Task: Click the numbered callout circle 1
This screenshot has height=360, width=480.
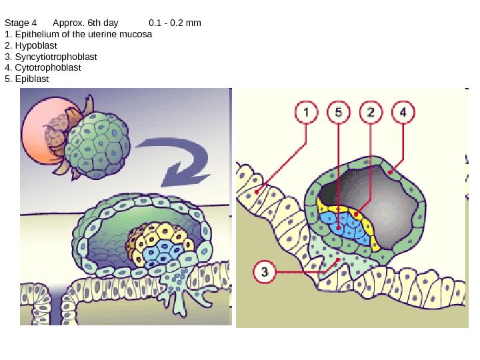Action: tap(307, 113)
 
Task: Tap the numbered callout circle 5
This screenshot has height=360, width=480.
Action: tap(339, 113)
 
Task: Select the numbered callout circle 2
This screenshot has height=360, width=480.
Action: tap(371, 113)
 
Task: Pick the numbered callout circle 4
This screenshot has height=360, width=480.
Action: tap(403, 113)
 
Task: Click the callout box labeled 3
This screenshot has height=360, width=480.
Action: tap(265, 272)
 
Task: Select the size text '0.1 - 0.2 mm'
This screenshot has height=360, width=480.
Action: tap(175, 23)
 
